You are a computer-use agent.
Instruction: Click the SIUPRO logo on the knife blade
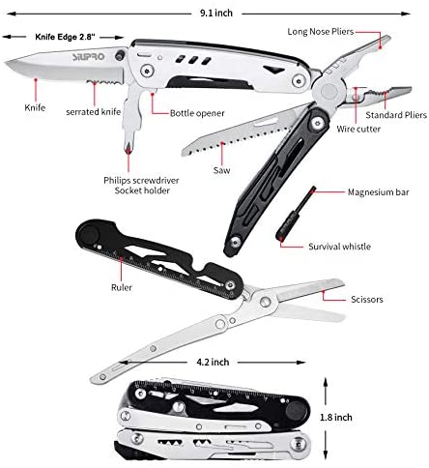pyautogui.click(x=88, y=57)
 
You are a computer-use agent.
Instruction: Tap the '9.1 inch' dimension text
pyautogui.click(x=216, y=14)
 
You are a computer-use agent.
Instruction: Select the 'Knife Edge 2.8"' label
pyautogui.click(x=65, y=37)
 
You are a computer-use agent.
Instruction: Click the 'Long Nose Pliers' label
pyautogui.click(x=321, y=32)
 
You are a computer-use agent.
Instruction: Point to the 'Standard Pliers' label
pyautogui.click(x=396, y=115)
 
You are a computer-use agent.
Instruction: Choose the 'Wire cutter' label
pyautogui.click(x=358, y=129)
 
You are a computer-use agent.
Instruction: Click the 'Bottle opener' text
pyautogui.click(x=197, y=113)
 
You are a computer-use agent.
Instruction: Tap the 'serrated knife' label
pyautogui.click(x=94, y=112)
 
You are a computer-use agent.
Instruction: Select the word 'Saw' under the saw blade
pyautogui.click(x=221, y=170)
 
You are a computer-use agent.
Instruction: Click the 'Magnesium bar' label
pyautogui.click(x=378, y=192)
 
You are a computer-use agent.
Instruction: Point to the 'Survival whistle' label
pyautogui.click(x=339, y=247)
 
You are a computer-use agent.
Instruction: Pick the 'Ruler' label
pyautogui.click(x=122, y=287)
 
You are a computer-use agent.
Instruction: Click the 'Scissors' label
pyautogui.click(x=367, y=300)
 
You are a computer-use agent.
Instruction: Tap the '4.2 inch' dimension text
pyautogui.click(x=213, y=362)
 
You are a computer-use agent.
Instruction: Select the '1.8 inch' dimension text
pyautogui.click(x=336, y=418)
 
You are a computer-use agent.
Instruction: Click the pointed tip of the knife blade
pyautogui.click(x=6, y=63)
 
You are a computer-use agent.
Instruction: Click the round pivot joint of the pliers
pyautogui.click(x=329, y=91)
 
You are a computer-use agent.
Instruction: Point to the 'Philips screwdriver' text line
pyautogui.click(x=141, y=180)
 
